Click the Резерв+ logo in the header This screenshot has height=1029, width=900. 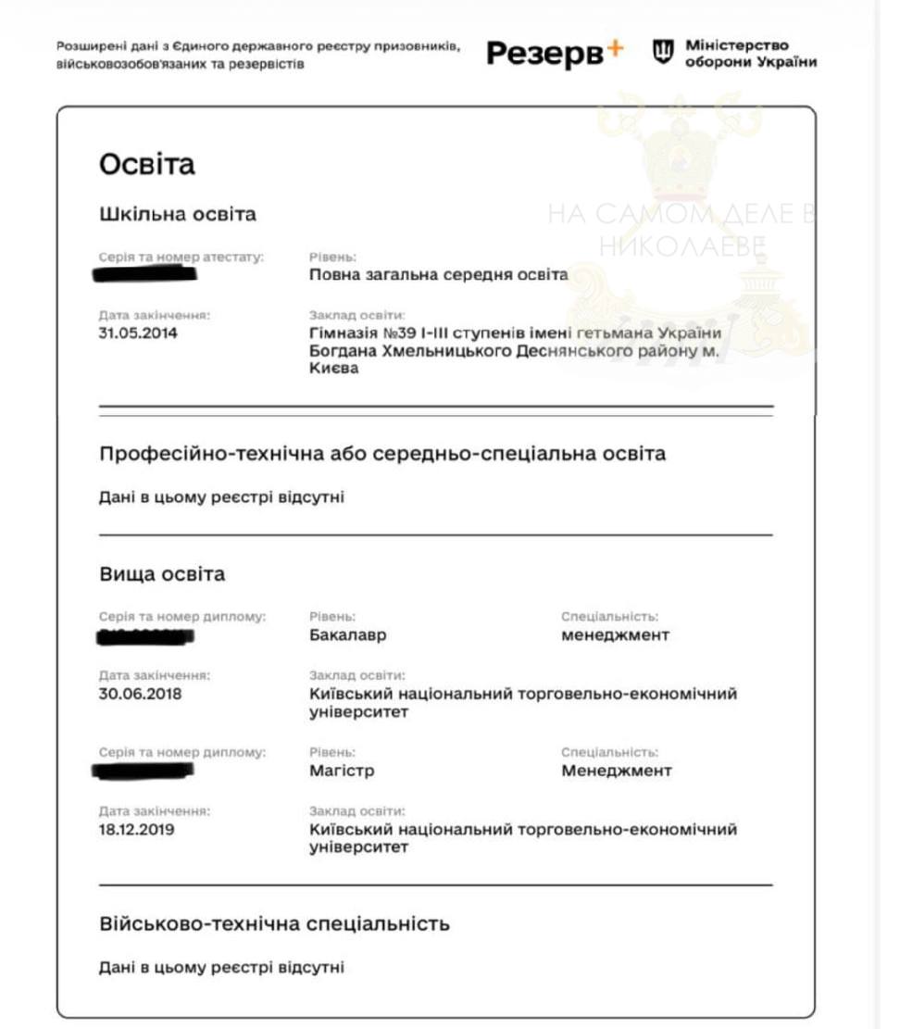coord(555,55)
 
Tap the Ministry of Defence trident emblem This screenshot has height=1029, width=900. coord(663,53)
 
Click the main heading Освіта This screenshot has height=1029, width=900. coord(147,165)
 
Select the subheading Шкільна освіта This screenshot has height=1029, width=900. coord(178,214)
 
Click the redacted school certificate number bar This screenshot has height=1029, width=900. coord(146,273)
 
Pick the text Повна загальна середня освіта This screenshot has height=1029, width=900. coord(438,274)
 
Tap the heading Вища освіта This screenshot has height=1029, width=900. coord(162,574)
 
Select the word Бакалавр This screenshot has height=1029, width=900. coord(347,635)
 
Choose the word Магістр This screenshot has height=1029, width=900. coord(342,771)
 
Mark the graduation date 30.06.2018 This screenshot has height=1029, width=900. coord(140,693)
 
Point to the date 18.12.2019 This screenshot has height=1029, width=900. coord(136,829)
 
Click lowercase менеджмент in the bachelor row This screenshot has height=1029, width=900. coord(615,635)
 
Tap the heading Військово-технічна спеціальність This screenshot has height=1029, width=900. coord(274,923)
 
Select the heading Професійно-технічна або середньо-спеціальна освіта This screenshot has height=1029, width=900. coord(381,454)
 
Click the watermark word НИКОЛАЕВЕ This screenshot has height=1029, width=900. coord(681,245)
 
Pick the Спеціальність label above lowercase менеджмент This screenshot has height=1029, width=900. coord(609,616)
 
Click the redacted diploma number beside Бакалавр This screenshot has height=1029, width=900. coord(145,636)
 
